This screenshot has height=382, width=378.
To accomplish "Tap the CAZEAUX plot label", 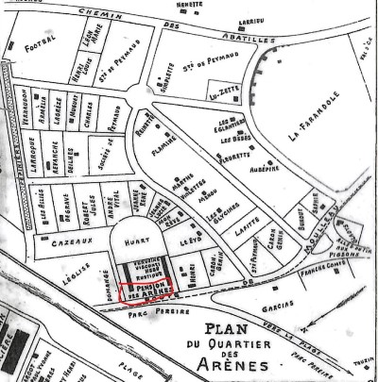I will (60, 242).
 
